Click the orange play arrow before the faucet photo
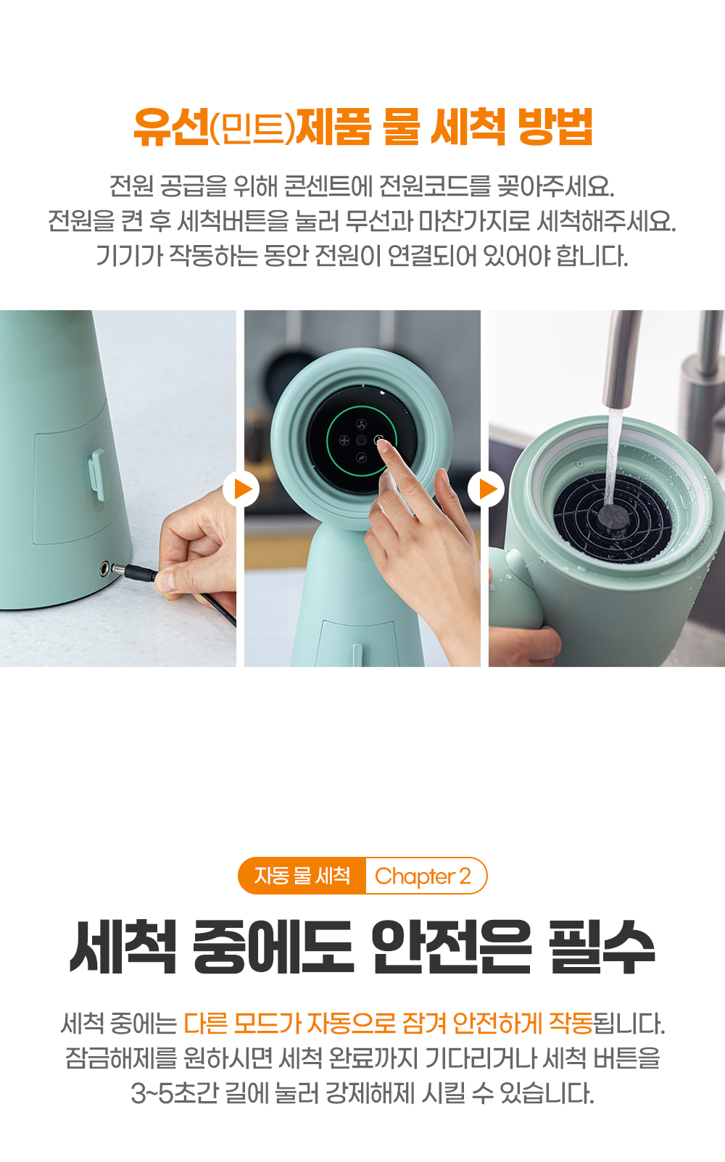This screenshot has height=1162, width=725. (486, 489)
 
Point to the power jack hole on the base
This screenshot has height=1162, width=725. (105, 569)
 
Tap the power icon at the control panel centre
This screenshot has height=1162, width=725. (361, 441)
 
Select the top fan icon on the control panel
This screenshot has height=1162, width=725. (361, 424)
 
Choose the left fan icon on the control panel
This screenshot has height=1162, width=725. (344, 441)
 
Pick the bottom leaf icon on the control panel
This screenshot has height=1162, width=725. (361, 457)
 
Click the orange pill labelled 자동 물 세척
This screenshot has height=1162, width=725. (302, 876)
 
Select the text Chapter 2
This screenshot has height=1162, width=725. (423, 876)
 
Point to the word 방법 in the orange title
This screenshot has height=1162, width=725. (555, 127)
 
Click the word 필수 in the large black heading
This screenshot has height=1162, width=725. (602, 947)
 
